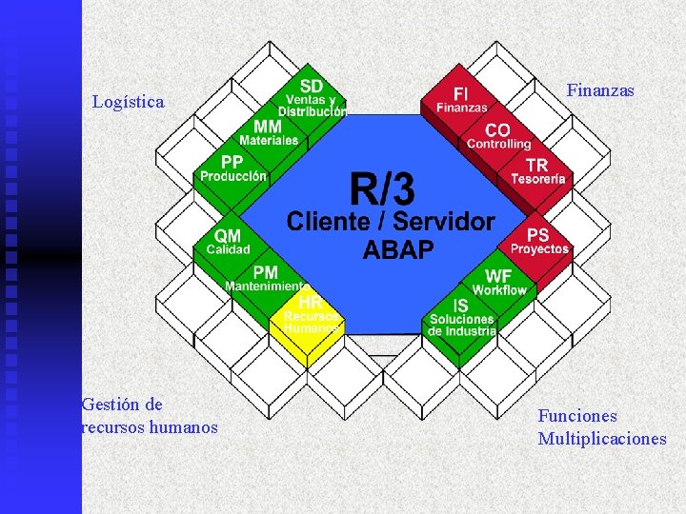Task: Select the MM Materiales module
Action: (x=268, y=132)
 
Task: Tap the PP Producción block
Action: (x=233, y=168)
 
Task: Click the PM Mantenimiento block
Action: (x=265, y=279)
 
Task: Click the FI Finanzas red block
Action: (x=461, y=99)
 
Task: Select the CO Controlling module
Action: (x=498, y=136)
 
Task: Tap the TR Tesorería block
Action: (x=537, y=171)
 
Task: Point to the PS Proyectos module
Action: (x=538, y=241)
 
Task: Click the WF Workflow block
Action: (x=498, y=282)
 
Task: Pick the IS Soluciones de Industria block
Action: (x=461, y=318)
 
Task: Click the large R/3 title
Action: (x=382, y=189)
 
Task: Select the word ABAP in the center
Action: (x=398, y=250)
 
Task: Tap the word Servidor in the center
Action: (x=446, y=222)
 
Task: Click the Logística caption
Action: (x=128, y=101)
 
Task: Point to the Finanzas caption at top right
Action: (x=600, y=90)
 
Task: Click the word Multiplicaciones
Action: (x=602, y=439)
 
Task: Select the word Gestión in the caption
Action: (x=109, y=405)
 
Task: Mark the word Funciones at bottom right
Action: (x=577, y=416)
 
